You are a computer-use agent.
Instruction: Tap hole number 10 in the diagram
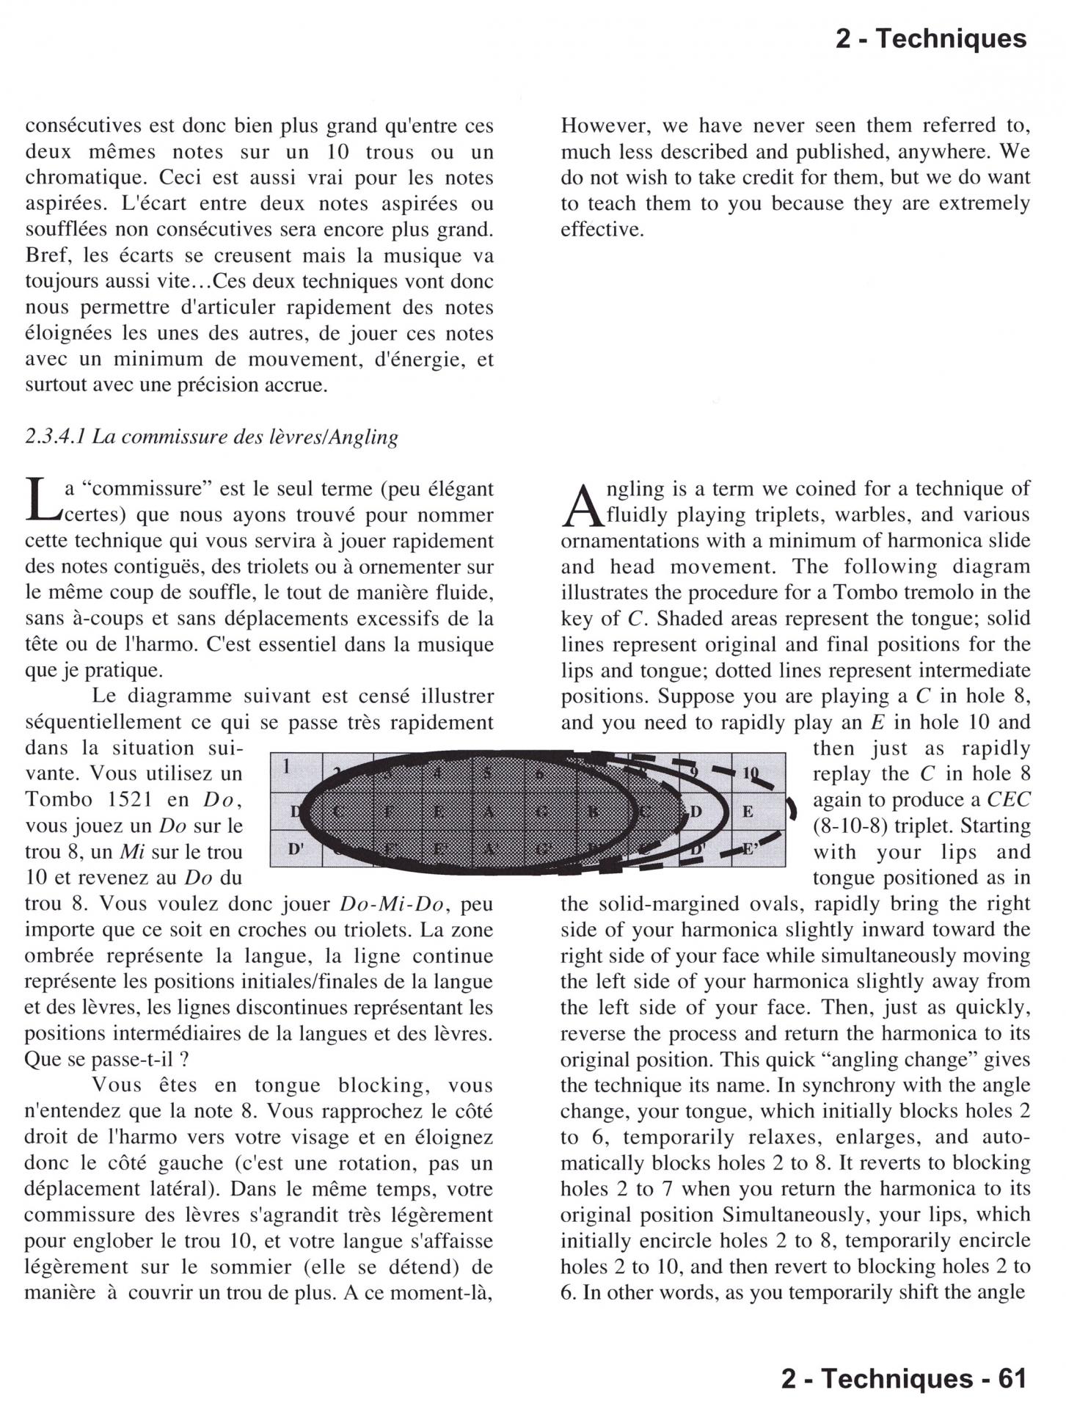click(x=749, y=772)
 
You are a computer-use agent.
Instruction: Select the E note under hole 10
click(x=748, y=812)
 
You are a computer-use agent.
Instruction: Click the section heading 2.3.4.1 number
click(x=56, y=437)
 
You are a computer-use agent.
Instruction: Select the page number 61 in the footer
click(x=1010, y=1379)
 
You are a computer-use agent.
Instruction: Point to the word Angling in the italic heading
click(x=362, y=437)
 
